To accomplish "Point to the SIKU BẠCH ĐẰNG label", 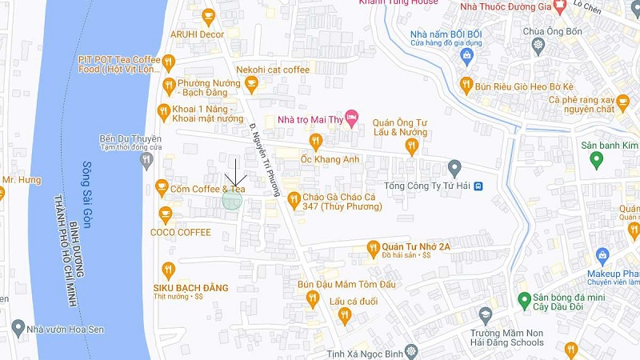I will click(190, 287).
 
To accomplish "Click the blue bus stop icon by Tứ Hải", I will click(478, 186).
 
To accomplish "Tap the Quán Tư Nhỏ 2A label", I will click(416, 246).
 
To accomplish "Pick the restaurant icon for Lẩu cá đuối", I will click(344, 315).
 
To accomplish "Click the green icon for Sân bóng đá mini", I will click(524, 300).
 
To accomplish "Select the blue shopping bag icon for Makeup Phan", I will click(603, 257).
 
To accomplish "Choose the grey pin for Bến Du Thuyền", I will click(146, 161).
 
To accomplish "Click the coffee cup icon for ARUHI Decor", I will click(209, 16).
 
